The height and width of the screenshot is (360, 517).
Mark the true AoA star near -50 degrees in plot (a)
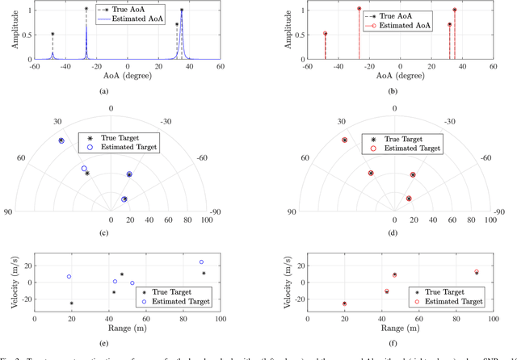[x=53, y=35]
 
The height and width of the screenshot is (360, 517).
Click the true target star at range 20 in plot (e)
[x=71, y=303]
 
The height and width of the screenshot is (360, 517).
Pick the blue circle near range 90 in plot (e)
[x=201, y=262]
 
